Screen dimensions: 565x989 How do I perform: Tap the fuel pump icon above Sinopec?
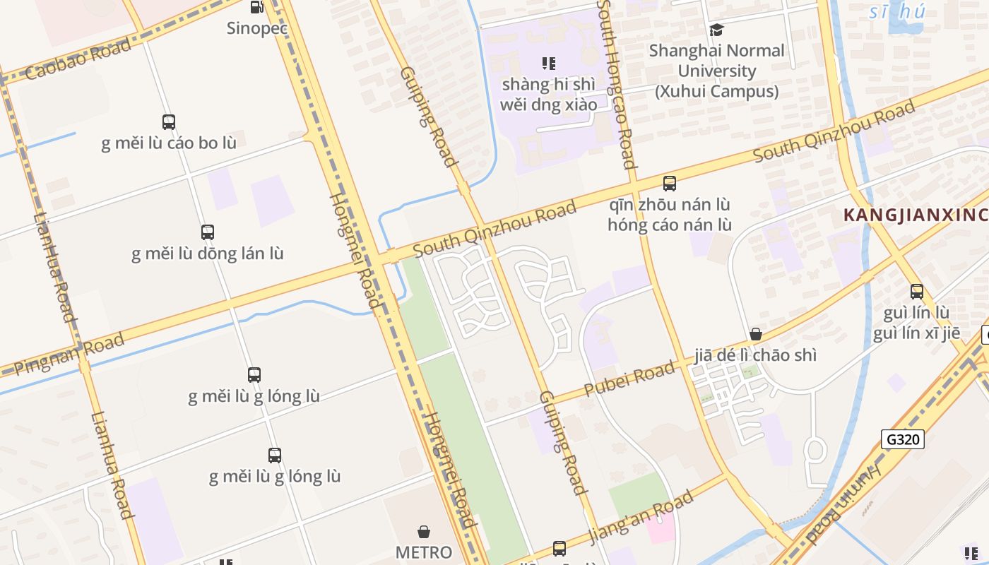click(257, 7)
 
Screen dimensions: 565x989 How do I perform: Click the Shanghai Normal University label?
click(716, 71)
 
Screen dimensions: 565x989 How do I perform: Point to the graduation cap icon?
click(716, 30)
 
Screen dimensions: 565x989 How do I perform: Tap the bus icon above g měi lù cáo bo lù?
click(168, 121)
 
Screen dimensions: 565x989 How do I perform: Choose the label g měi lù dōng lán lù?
click(208, 254)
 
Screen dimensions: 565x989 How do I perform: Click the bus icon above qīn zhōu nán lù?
click(669, 184)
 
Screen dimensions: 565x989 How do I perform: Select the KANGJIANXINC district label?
click(916, 215)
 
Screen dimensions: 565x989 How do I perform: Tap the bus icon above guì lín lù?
click(916, 291)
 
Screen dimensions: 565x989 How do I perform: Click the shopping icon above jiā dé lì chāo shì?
click(755, 334)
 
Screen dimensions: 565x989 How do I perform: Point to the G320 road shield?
click(903, 439)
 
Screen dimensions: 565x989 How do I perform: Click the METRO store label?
click(424, 552)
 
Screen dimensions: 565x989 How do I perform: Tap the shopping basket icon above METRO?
click(424, 531)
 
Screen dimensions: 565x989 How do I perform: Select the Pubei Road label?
click(629, 379)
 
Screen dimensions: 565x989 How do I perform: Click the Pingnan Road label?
click(69, 354)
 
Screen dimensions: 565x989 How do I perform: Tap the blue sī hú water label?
click(896, 11)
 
